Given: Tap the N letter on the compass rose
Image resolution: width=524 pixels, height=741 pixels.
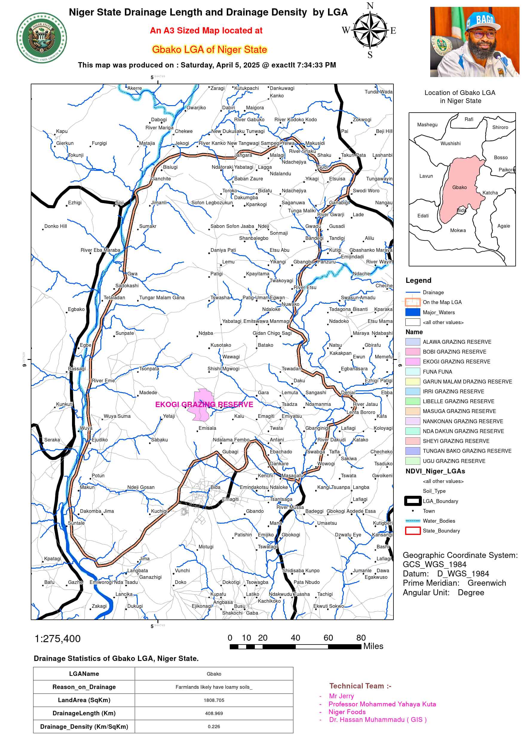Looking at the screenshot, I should pyautogui.click(x=370, y=6).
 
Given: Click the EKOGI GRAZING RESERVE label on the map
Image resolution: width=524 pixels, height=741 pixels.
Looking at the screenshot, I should pyautogui.click(x=204, y=404).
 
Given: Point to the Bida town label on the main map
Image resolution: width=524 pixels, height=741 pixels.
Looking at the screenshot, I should pyautogui.click(x=215, y=487).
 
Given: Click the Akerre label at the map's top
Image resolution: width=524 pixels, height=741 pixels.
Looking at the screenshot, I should pyautogui.click(x=134, y=88).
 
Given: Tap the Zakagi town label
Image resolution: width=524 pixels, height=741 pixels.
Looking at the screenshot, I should pyautogui.click(x=99, y=606).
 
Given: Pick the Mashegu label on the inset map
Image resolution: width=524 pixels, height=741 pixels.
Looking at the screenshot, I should pyautogui.click(x=427, y=125).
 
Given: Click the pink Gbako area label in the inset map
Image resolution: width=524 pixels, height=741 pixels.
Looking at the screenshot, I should pyautogui.click(x=459, y=187).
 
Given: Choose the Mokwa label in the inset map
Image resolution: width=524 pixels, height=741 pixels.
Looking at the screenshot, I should pyautogui.click(x=458, y=230).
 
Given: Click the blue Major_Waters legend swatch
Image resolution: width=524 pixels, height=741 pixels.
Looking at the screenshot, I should pyautogui.click(x=413, y=312).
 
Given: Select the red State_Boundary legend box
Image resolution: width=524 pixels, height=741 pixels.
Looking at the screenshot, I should pyautogui.click(x=413, y=530).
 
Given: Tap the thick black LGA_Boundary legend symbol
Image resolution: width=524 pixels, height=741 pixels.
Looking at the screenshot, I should pyautogui.click(x=413, y=501).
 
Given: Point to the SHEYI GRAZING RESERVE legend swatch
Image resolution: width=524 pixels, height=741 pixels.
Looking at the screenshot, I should pyautogui.click(x=413, y=441).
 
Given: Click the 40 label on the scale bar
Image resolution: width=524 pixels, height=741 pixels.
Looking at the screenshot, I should pyautogui.click(x=295, y=638).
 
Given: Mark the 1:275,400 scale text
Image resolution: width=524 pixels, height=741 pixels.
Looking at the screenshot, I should pyautogui.click(x=57, y=639).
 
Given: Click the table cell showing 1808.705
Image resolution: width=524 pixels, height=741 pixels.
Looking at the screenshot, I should pyautogui.click(x=214, y=700).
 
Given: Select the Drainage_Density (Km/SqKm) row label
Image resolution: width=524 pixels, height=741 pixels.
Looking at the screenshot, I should pyautogui.click(x=84, y=726).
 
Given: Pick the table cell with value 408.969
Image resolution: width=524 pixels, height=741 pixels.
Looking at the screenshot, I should pyautogui.click(x=214, y=713).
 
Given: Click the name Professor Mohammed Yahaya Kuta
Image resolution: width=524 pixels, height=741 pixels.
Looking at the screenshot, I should pyautogui.click(x=382, y=704).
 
